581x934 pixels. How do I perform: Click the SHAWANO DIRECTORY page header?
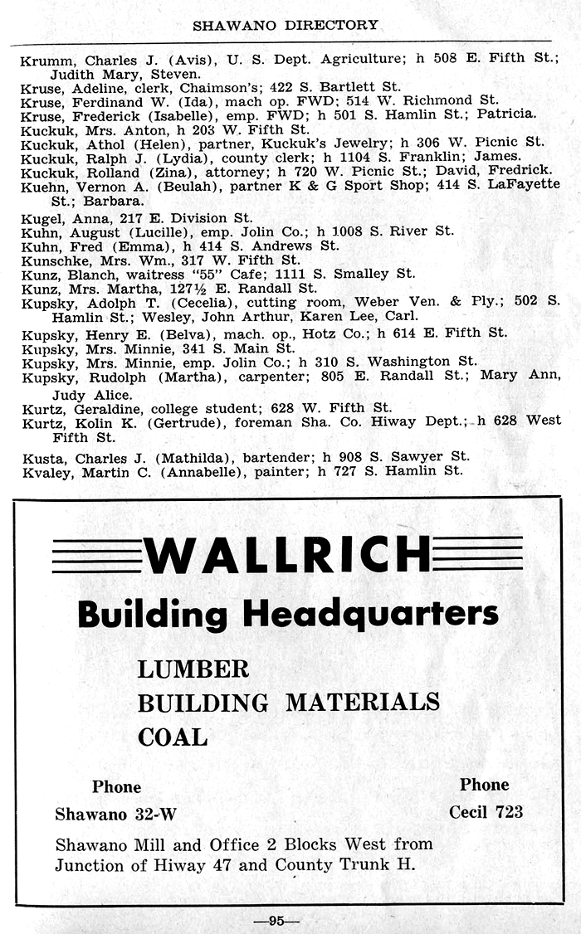point(285,25)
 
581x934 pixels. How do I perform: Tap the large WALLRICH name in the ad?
point(287,555)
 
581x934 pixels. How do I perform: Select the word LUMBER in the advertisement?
point(193,669)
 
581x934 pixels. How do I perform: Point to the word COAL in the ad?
point(173,737)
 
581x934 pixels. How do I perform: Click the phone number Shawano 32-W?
point(115,814)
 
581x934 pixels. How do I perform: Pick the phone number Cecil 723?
point(486,812)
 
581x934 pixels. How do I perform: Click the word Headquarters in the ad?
point(370,615)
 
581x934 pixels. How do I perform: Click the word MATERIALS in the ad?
point(363,703)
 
